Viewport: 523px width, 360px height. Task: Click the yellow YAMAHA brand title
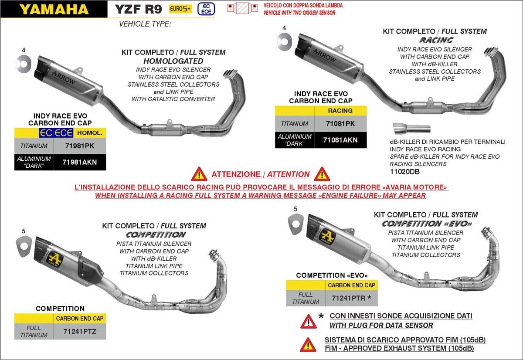54,9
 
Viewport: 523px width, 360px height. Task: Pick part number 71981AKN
79,162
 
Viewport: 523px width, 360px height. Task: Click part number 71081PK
340,124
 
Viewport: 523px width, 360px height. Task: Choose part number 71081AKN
340,140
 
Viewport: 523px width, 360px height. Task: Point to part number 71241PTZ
79,331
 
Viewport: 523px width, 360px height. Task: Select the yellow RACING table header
340,111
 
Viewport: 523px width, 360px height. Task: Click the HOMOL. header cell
89,133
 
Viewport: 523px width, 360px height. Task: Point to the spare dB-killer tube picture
411,129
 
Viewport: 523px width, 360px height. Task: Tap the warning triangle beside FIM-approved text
308,344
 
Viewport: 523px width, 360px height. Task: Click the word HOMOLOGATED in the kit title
173,61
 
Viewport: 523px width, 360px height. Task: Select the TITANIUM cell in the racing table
295,124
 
